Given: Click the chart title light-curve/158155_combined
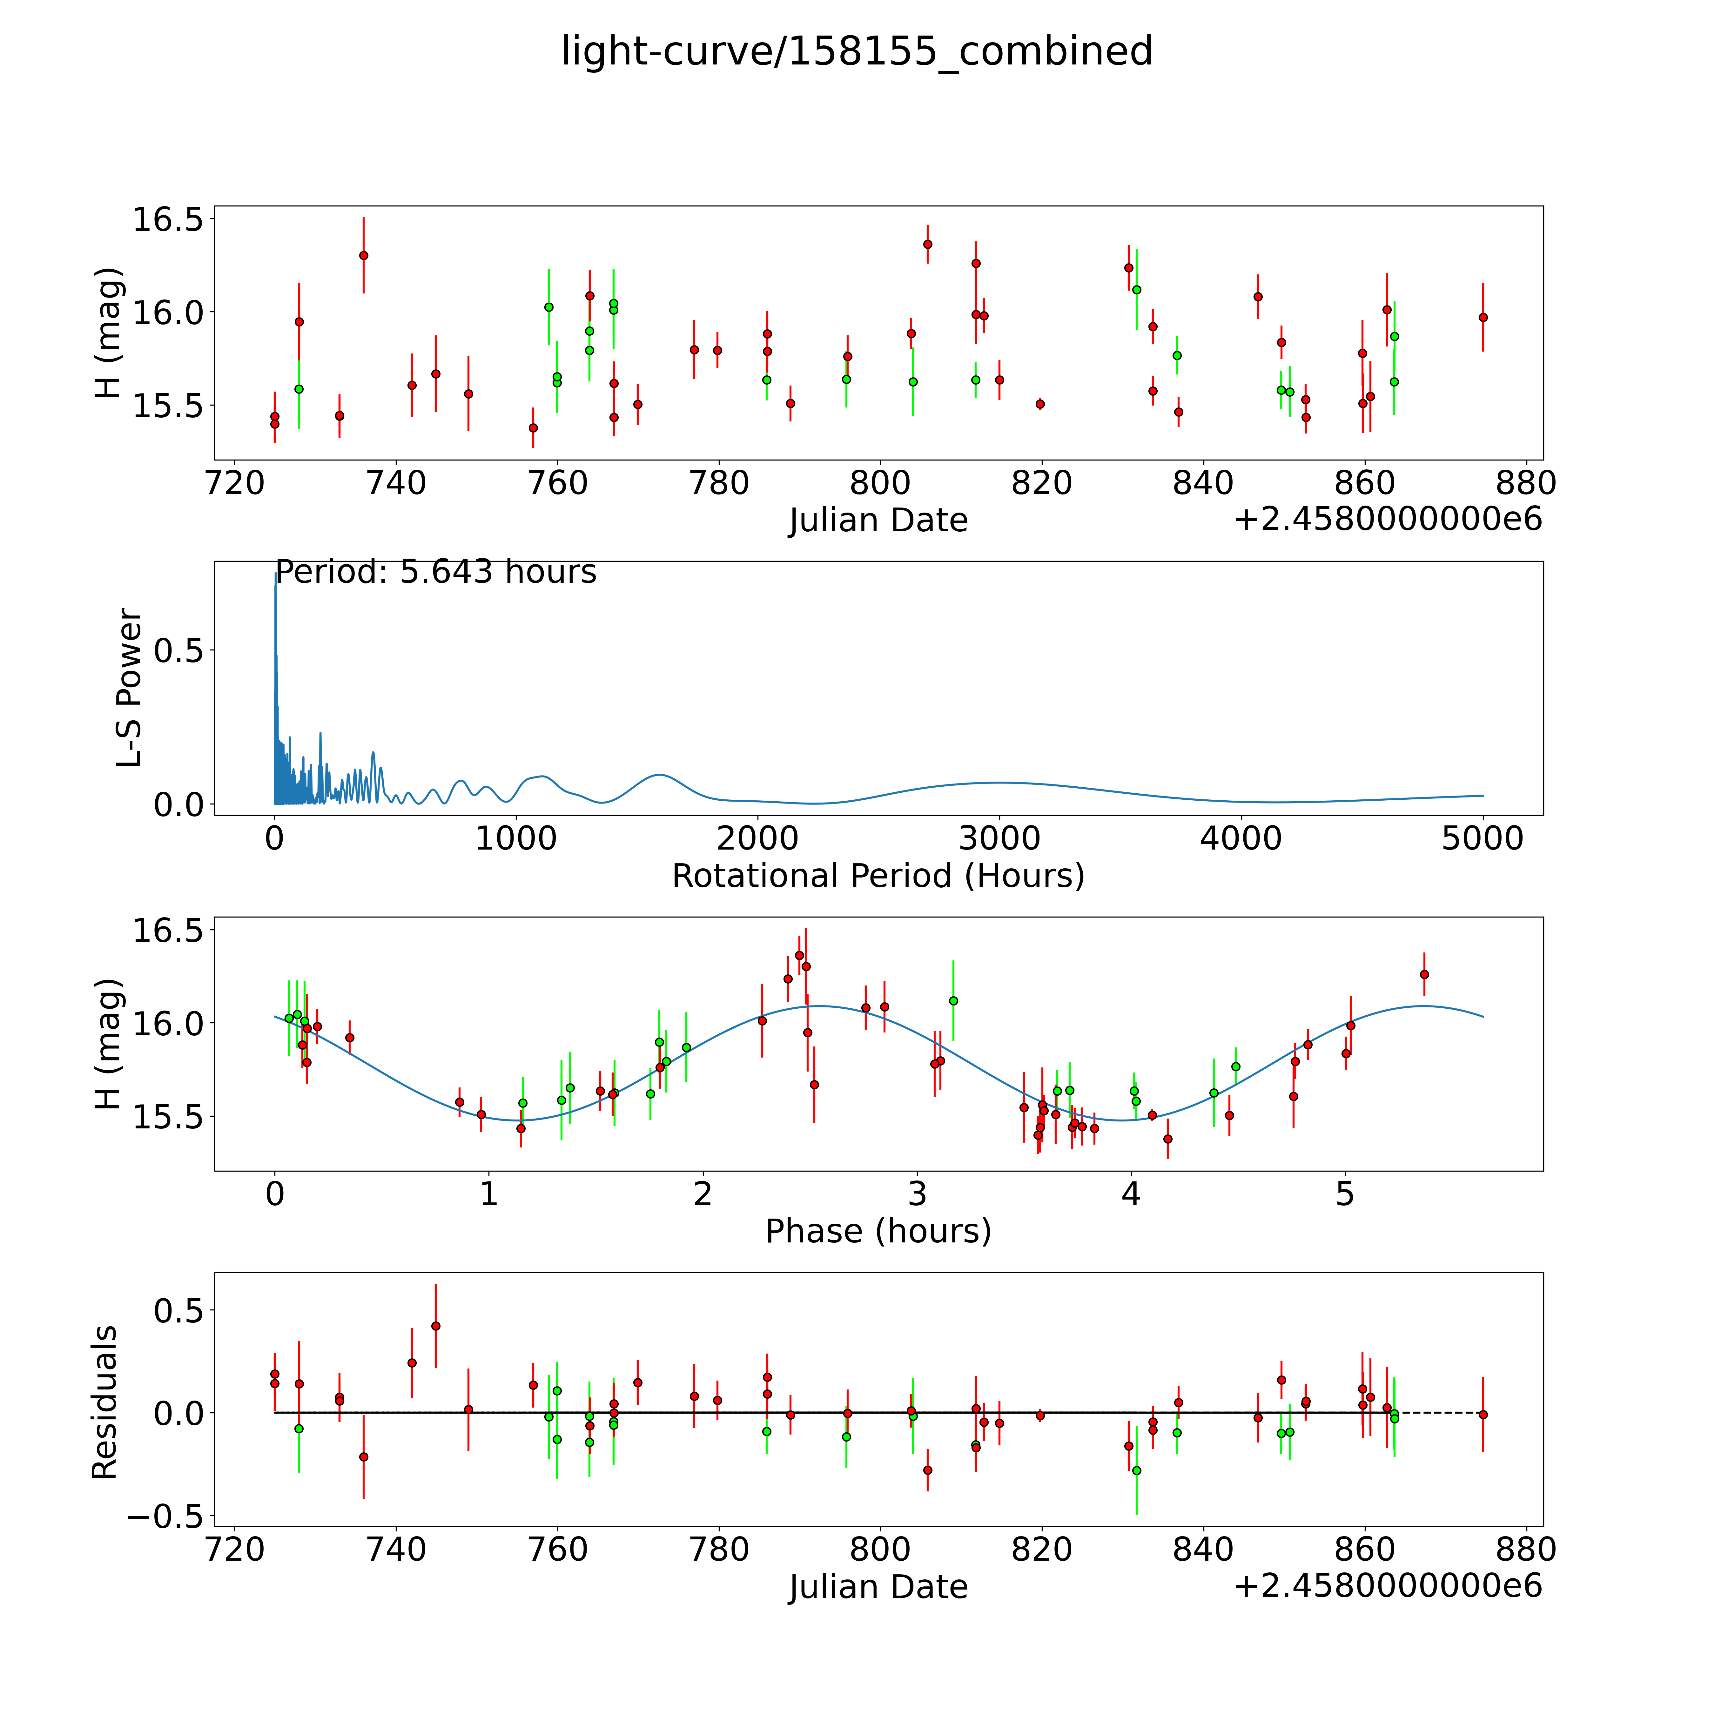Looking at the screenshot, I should click(857, 51).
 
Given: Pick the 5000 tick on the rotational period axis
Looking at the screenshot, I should click(1483, 839).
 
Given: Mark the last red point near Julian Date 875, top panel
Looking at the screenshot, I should click(1483, 317).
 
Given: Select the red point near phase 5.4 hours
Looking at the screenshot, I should click(1424, 974).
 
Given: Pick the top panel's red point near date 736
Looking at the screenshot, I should click(363, 255).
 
